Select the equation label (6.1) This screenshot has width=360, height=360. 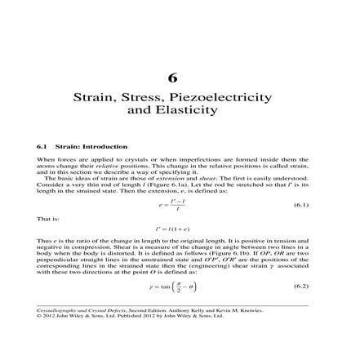[300, 203]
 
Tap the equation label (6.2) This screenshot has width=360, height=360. [300, 287]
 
